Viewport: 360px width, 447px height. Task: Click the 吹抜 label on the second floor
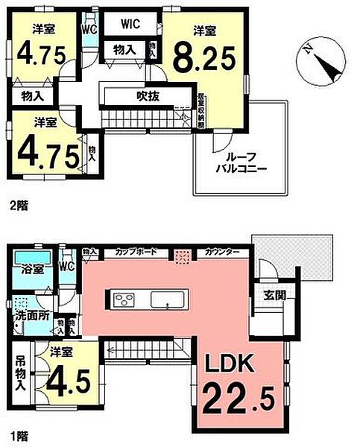point(145,95)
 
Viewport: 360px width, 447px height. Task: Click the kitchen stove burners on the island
point(124,299)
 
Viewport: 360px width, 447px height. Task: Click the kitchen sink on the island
point(164,299)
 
